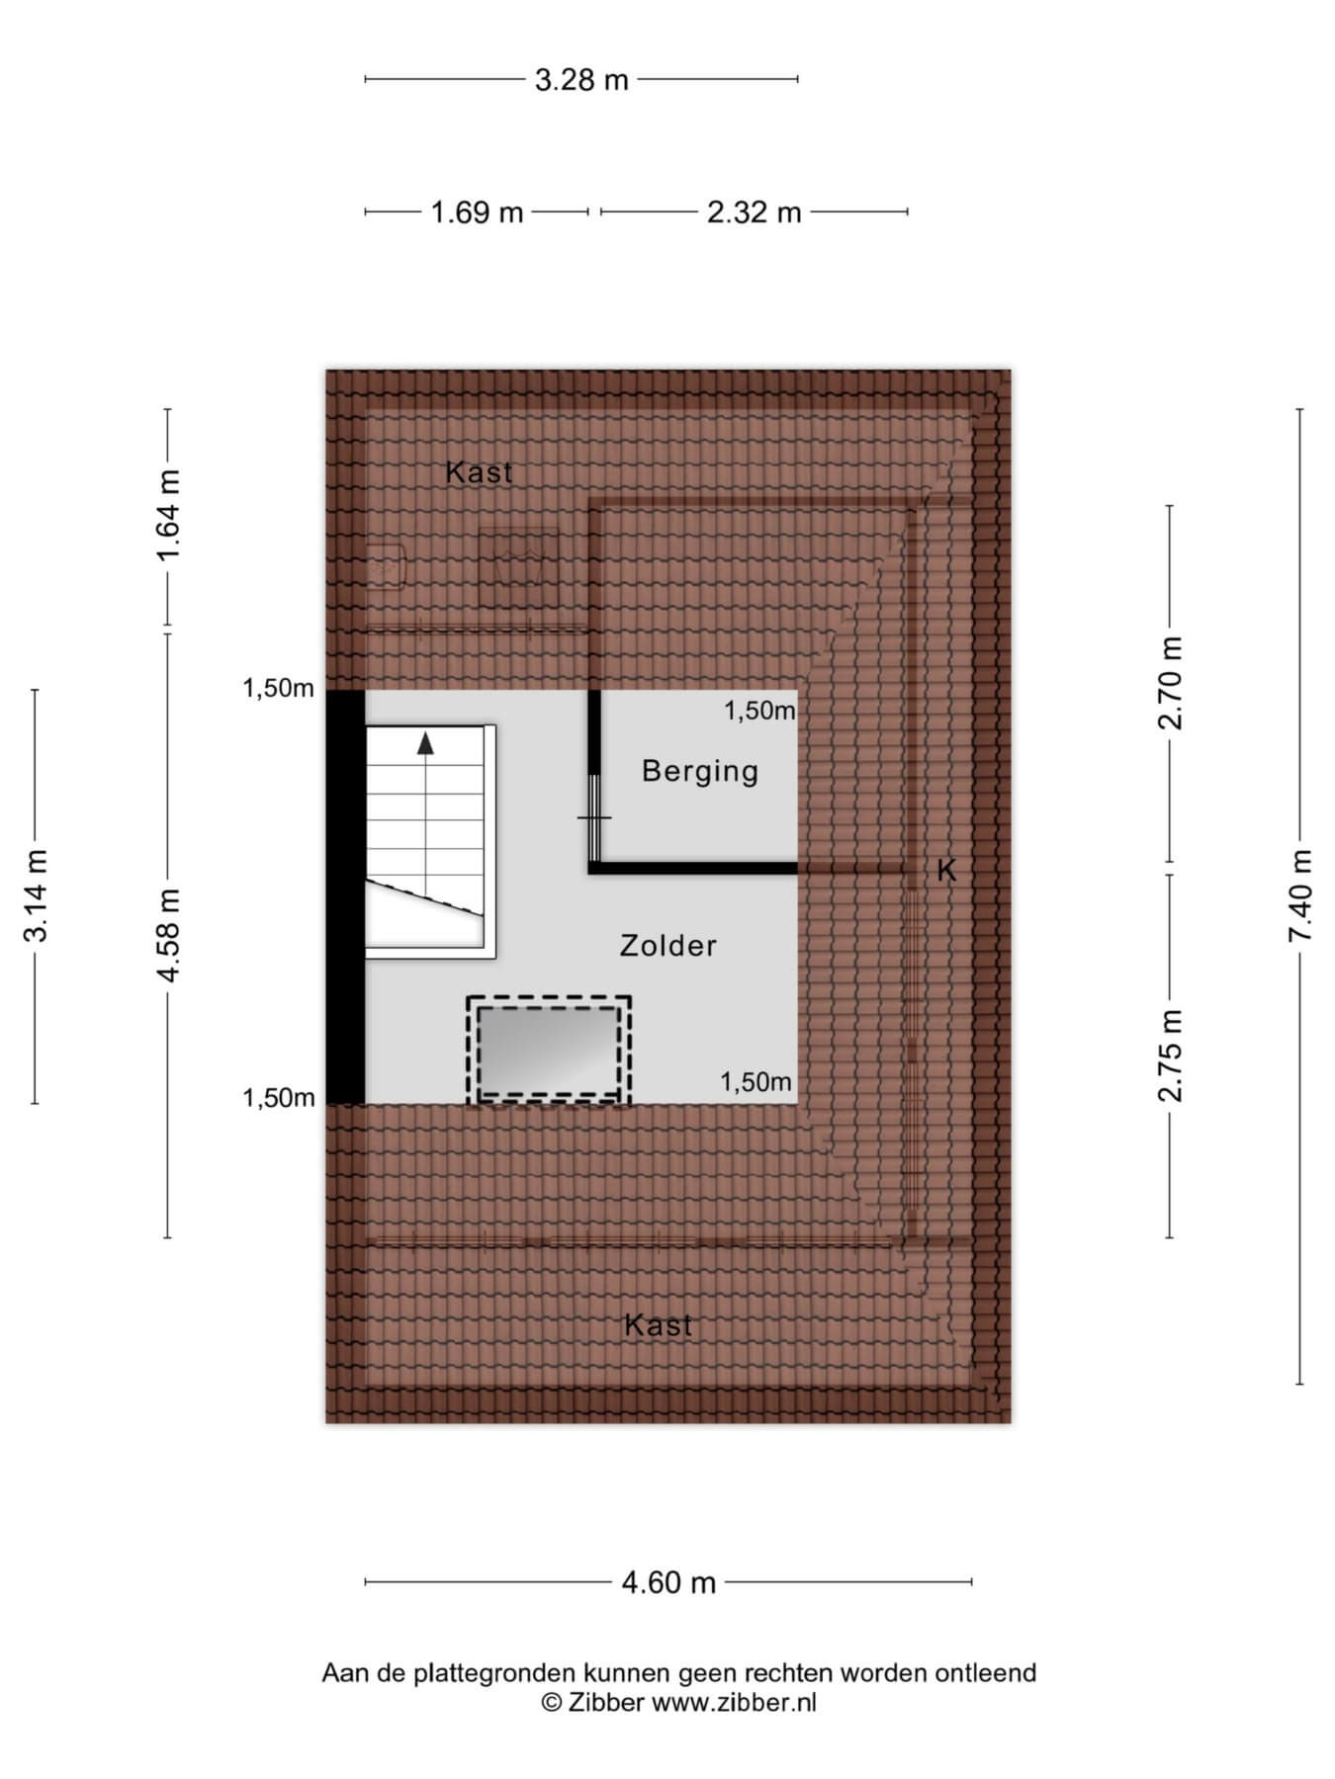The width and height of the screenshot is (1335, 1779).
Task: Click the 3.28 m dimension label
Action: click(581, 79)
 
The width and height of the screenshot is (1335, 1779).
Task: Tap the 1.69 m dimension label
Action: click(477, 212)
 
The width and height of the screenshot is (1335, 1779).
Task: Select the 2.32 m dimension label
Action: click(754, 212)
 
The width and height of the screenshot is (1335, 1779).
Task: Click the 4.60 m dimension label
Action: click(668, 1582)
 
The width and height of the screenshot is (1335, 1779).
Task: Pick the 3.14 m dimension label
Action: click(36, 895)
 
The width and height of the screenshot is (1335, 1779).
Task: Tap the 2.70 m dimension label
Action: click(1170, 683)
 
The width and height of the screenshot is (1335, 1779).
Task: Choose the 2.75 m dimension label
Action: click(1170, 1055)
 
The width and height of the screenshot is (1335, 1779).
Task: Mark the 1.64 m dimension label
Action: click(168, 515)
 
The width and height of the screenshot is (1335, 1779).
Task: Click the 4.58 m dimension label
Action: click(168, 935)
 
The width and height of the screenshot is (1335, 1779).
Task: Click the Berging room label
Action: click(700, 772)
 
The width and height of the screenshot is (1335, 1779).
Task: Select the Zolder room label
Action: click(668, 946)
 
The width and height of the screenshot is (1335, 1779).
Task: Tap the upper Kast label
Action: click(480, 472)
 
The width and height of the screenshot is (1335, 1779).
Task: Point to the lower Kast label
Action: click(659, 1325)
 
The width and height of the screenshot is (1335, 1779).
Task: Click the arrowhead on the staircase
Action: click(425, 743)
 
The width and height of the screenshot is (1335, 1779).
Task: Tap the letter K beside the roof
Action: click(946, 870)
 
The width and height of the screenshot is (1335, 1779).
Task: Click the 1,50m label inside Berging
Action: click(759, 711)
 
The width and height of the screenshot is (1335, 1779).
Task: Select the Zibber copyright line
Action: click(678, 1702)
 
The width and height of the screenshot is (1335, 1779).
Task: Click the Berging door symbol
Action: click(594, 817)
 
